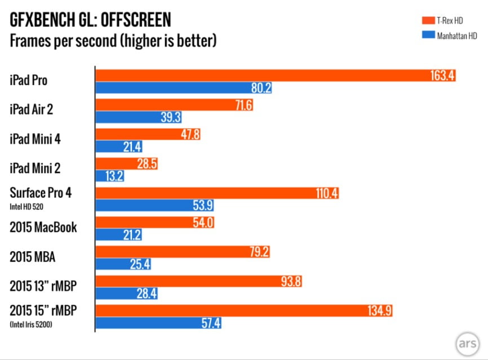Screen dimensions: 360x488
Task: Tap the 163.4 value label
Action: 443,75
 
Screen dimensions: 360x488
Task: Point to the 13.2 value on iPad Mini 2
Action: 113,176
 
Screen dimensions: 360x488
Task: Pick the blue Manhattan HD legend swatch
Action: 429,34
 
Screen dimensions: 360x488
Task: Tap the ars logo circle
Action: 467,343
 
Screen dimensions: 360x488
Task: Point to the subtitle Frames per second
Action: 113,41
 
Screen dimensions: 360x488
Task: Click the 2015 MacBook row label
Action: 43,228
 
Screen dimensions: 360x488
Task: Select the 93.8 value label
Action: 292,280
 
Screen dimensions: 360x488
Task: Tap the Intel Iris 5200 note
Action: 32,324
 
